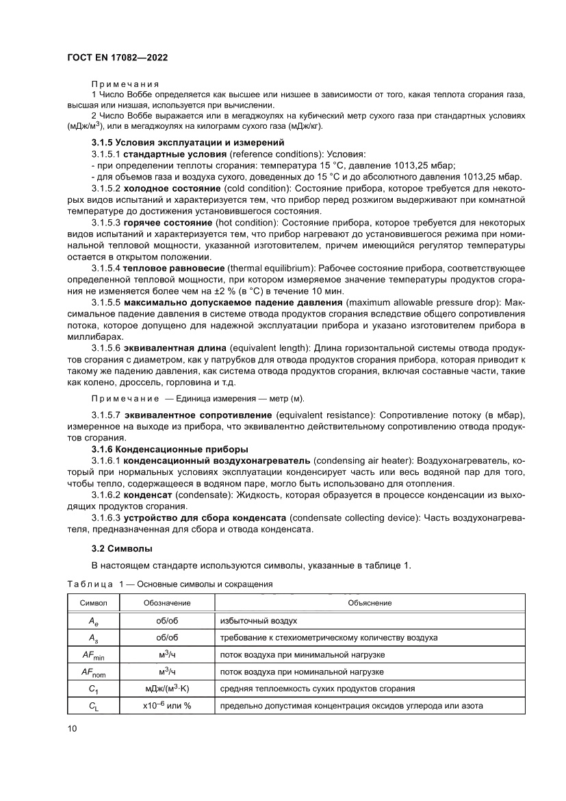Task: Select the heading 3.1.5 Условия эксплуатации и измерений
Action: tap(188, 143)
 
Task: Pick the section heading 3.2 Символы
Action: tap(122, 548)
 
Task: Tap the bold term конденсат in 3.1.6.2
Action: tap(151, 494)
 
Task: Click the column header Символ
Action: tap(93, 602)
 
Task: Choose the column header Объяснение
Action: tap(370, 602)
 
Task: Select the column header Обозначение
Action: tap(167, 602)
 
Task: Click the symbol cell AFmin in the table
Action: tap(93, 654)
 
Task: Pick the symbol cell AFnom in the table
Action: tap(93, 671)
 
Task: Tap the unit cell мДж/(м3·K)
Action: tap(167, 689)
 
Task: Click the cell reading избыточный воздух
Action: tap(258, 620)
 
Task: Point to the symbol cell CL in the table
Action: tap(93, 706)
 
